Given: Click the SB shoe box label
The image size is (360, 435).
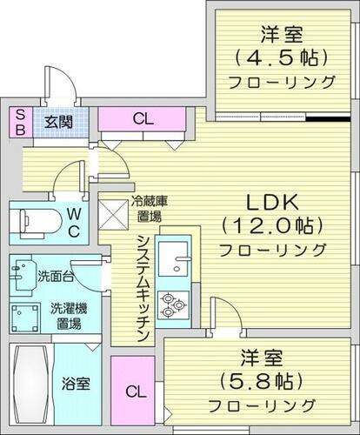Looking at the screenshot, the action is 20,122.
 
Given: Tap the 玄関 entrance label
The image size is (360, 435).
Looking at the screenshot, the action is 58,122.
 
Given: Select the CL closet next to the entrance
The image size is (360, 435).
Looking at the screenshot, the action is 142,119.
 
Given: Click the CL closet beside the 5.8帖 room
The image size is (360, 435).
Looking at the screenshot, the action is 133,391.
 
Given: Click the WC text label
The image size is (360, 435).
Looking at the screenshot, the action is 74,223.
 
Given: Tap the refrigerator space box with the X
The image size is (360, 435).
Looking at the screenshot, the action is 113,215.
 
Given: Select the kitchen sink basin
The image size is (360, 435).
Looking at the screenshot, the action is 173,258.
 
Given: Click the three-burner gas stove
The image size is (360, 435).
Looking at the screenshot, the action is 173,305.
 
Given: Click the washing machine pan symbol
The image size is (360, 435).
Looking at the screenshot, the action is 25,318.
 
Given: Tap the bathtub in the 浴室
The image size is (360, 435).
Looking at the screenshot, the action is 31,384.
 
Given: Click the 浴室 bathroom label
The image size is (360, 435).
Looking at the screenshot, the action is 76,384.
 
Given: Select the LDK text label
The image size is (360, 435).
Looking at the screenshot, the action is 272,202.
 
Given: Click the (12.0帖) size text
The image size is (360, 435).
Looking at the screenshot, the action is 272,225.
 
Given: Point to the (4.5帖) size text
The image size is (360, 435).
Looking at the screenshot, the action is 282,57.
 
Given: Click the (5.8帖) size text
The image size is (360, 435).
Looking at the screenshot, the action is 262,381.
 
